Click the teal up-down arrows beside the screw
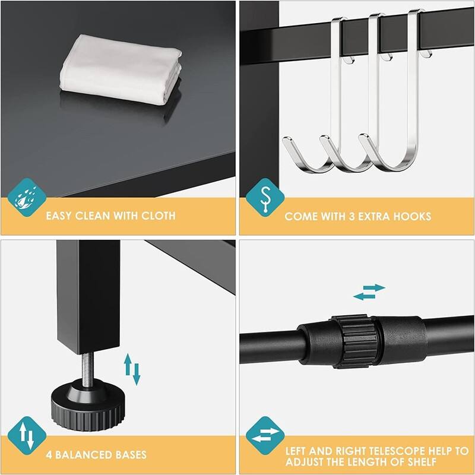131,369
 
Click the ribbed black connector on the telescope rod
355,341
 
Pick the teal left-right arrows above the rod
369,292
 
